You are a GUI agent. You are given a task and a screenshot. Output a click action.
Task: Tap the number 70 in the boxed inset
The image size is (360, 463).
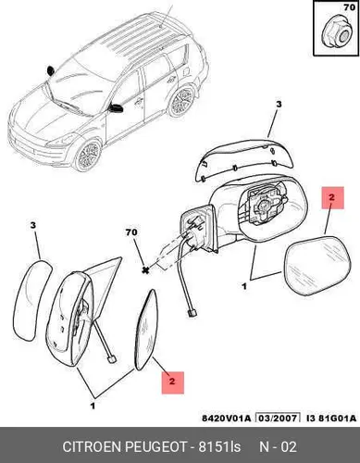click(349, 7)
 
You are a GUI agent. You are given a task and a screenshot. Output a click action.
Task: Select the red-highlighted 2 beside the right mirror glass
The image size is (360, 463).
click(332, 197)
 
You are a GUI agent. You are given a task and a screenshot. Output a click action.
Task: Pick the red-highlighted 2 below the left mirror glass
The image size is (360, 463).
click(173, 382)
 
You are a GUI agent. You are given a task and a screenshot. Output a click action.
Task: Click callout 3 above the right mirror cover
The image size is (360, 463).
click(279, 105)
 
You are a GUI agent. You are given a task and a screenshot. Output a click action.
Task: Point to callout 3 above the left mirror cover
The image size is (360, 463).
click(33, 226)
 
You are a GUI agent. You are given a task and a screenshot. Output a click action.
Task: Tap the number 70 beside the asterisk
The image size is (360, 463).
click(131, 232)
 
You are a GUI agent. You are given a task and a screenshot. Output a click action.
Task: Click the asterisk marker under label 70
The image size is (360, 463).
click(145, 270)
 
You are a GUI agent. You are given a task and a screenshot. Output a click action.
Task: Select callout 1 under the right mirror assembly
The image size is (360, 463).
click(244, 286)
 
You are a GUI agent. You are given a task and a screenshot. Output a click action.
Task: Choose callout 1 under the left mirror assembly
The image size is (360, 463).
click(93, 406)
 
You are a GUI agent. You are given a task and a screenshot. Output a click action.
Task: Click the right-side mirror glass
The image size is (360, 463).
click(317, 266)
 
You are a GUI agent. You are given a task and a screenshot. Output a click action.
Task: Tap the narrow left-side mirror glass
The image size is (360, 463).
click(146, 330)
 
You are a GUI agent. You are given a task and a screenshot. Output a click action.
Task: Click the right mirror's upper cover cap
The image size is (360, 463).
click(243, 160)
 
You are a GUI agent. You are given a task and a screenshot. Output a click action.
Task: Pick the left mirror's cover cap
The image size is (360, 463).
click(31, 301)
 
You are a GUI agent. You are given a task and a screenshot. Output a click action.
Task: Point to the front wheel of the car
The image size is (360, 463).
click(89, 156)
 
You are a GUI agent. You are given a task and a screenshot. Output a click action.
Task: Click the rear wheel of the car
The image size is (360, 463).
click(182, 100)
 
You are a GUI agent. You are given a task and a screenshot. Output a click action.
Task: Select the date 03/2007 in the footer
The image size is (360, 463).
click(279, 419)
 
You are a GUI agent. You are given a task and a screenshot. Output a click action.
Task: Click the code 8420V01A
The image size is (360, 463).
click(227, 419)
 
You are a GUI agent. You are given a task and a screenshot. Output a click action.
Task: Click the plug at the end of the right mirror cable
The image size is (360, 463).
click(192, 314)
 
